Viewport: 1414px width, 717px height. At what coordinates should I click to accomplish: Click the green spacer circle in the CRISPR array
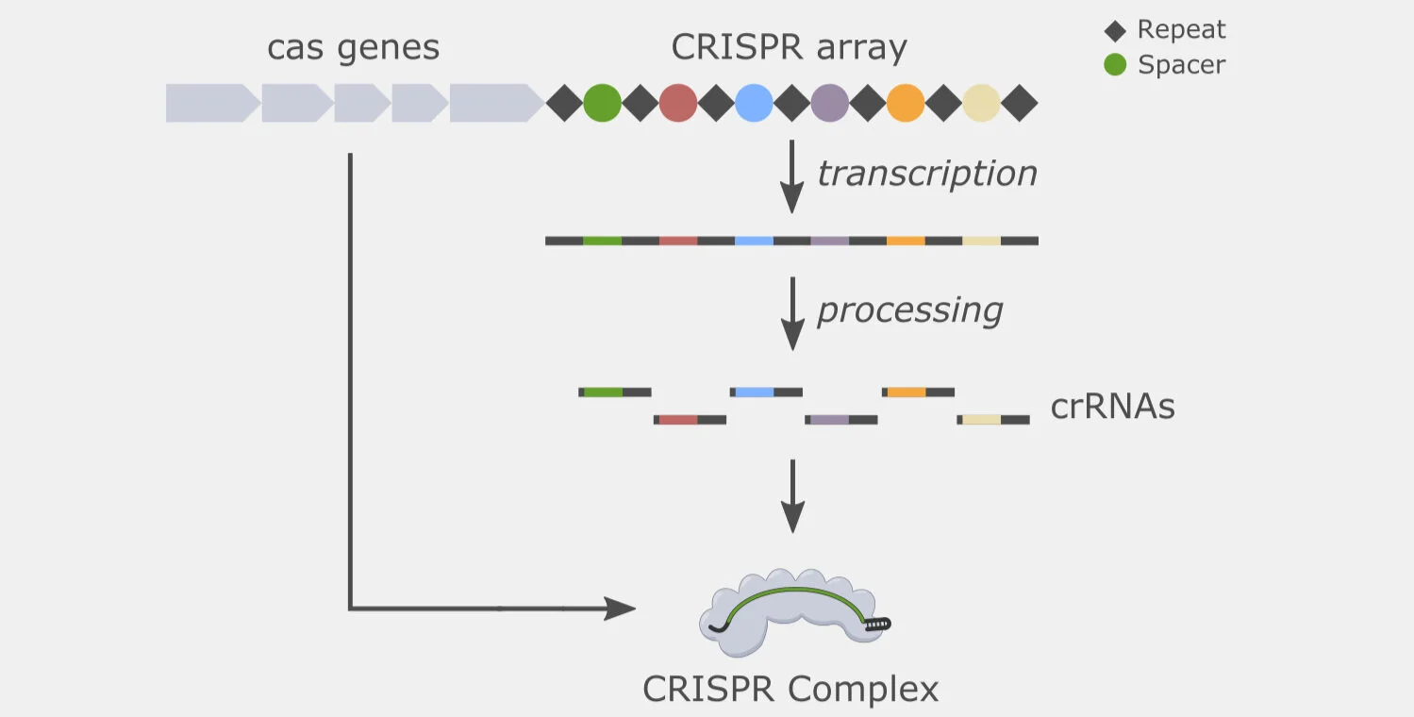click(602, 103)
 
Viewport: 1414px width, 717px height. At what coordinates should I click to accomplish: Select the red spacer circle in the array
click(678, 103)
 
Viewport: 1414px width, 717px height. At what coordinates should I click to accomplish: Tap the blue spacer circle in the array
click(754, 103)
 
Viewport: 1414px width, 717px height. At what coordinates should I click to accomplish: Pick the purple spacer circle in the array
click(829, 103)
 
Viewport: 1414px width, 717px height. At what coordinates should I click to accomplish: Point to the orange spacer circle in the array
click(906, 103)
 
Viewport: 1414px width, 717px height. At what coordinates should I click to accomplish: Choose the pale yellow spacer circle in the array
click(982, 103)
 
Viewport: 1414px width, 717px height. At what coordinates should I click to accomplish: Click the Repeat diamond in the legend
click(1115, 30)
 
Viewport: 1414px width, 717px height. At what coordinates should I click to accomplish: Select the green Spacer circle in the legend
click(1115, 64)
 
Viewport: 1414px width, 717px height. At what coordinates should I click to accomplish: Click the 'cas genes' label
click(354, 48)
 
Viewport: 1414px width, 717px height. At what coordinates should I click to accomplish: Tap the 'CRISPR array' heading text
click(789, 47)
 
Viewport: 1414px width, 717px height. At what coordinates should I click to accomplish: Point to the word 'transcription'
click(927, 174)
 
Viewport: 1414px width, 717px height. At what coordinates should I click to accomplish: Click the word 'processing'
click(910, 310)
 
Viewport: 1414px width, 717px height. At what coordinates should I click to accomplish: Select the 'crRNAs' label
click(1113, 406)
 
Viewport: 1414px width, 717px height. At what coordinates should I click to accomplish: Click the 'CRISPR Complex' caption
click(790, 689)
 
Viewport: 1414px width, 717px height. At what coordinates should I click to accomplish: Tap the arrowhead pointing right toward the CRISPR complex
click(620, 609)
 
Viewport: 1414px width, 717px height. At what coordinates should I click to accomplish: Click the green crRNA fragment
click(615, 392)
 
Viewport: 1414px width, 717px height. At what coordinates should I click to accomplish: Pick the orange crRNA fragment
click(919, 392)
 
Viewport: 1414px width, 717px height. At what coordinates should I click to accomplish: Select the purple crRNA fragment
click(841, 420)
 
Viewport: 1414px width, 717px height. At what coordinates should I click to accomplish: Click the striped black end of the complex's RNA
click(878, 625)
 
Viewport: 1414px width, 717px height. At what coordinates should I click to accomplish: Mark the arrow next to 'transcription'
click(791, 176)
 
